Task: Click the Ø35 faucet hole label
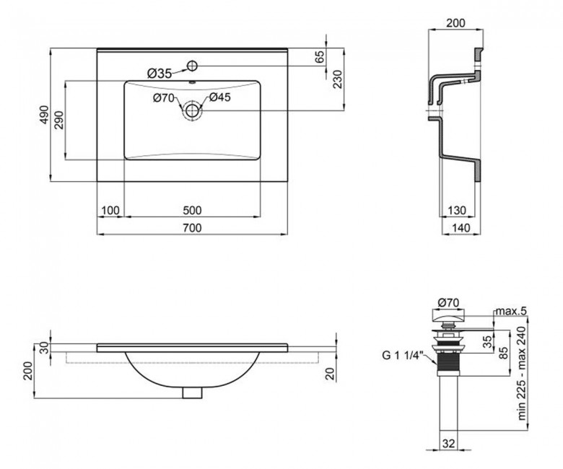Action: click(160, 74)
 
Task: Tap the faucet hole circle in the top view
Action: click(193, 66)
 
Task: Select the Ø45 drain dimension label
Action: click(219, 97)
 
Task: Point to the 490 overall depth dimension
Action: click(44, 115)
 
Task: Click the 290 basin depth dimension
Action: click(59, 120)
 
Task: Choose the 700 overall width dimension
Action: click(192, 227)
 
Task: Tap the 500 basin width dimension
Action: click(192, 210)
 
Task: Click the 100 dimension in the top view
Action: click(110, 210)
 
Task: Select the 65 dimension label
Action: click(319, 57)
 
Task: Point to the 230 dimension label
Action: click(338, 79)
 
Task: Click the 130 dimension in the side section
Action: click(457, 210)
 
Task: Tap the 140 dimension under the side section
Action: click(461, 227)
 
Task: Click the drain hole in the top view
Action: click(193, 110)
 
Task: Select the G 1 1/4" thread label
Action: click(403, 355)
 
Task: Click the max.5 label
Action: click(511, 311)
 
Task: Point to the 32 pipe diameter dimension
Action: click(448, 444)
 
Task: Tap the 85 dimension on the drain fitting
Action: click(505, 353)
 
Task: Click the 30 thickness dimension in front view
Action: click(44, 348)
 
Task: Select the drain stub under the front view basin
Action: click(192, 393)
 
